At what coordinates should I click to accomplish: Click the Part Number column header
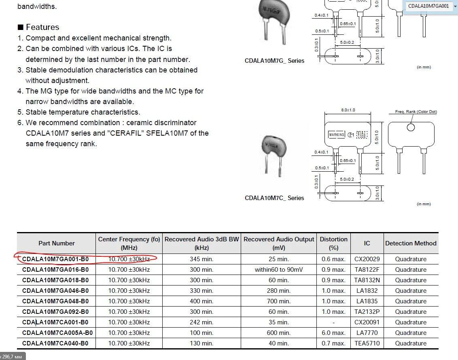(56, 243)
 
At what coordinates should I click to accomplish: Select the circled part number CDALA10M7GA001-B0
(55, 259)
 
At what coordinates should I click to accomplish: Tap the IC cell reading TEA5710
(367, 343)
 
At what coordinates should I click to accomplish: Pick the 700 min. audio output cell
(278, 301)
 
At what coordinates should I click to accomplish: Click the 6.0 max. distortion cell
(333, 333)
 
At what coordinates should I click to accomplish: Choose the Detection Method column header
(411, 243)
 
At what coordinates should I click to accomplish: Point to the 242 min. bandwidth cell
(201, 322)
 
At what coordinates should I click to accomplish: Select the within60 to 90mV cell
(278, 270)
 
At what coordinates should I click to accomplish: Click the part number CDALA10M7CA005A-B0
(57, 333)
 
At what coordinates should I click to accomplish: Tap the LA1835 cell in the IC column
(367, 301)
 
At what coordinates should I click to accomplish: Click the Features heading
(42, 27)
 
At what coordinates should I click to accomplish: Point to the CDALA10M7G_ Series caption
(274, 61)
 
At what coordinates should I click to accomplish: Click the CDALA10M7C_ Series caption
(274, 198)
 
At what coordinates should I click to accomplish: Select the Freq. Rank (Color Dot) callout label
(416, 112)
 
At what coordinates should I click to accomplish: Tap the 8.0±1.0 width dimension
(348, 110)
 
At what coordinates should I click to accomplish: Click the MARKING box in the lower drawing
(336, 135)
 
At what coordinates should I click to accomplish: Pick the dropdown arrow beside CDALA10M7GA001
(455, 6)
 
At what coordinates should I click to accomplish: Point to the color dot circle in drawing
(411, 128)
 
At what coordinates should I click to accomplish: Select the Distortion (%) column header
(333, 243)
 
